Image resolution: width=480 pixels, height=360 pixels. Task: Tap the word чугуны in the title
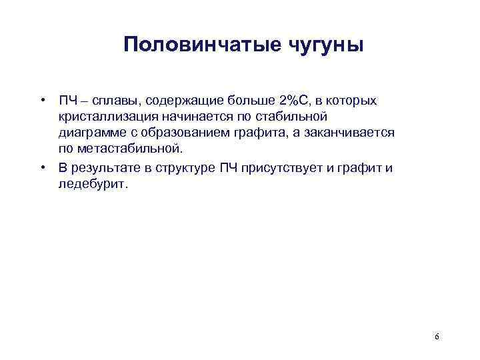325,46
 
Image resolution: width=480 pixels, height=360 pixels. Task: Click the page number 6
437,337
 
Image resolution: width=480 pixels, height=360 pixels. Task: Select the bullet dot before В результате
42,167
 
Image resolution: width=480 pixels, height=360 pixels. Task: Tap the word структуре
185,167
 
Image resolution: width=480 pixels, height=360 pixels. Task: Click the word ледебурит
91,183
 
